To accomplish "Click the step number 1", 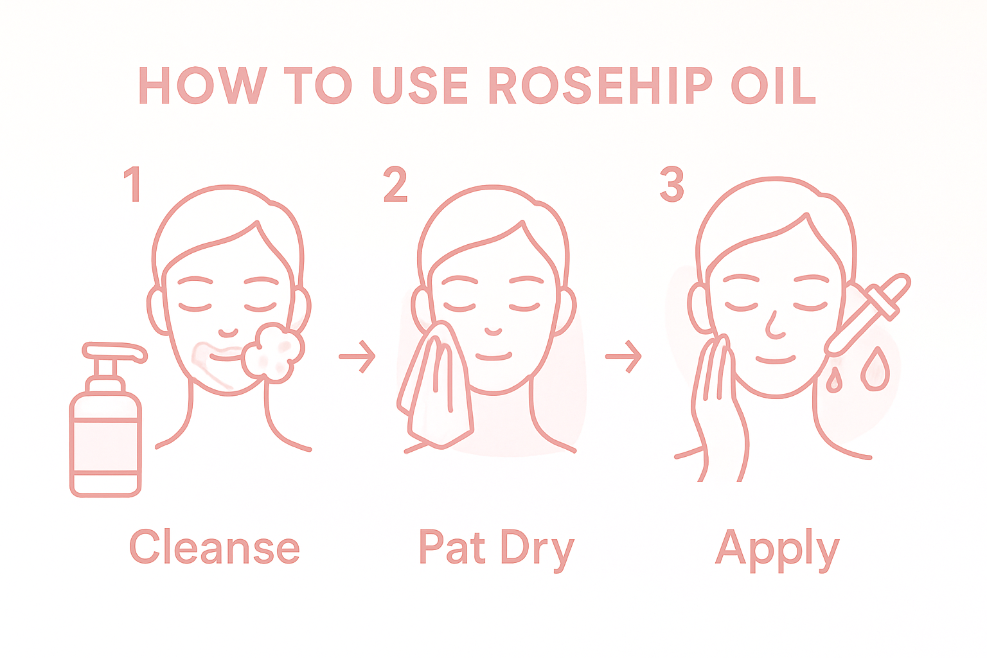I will [x=132, y=184].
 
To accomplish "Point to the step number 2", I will [x=395, y=184].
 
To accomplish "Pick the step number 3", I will [x=671, y=184].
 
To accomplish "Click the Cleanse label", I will [x=215, y=547].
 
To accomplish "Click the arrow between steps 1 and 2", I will [x=358, y=356].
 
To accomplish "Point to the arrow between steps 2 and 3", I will [x=624, y=356].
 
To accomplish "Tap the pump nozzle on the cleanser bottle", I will [x=116, y=351].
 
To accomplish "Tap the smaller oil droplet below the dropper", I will [x=834, y=380].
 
